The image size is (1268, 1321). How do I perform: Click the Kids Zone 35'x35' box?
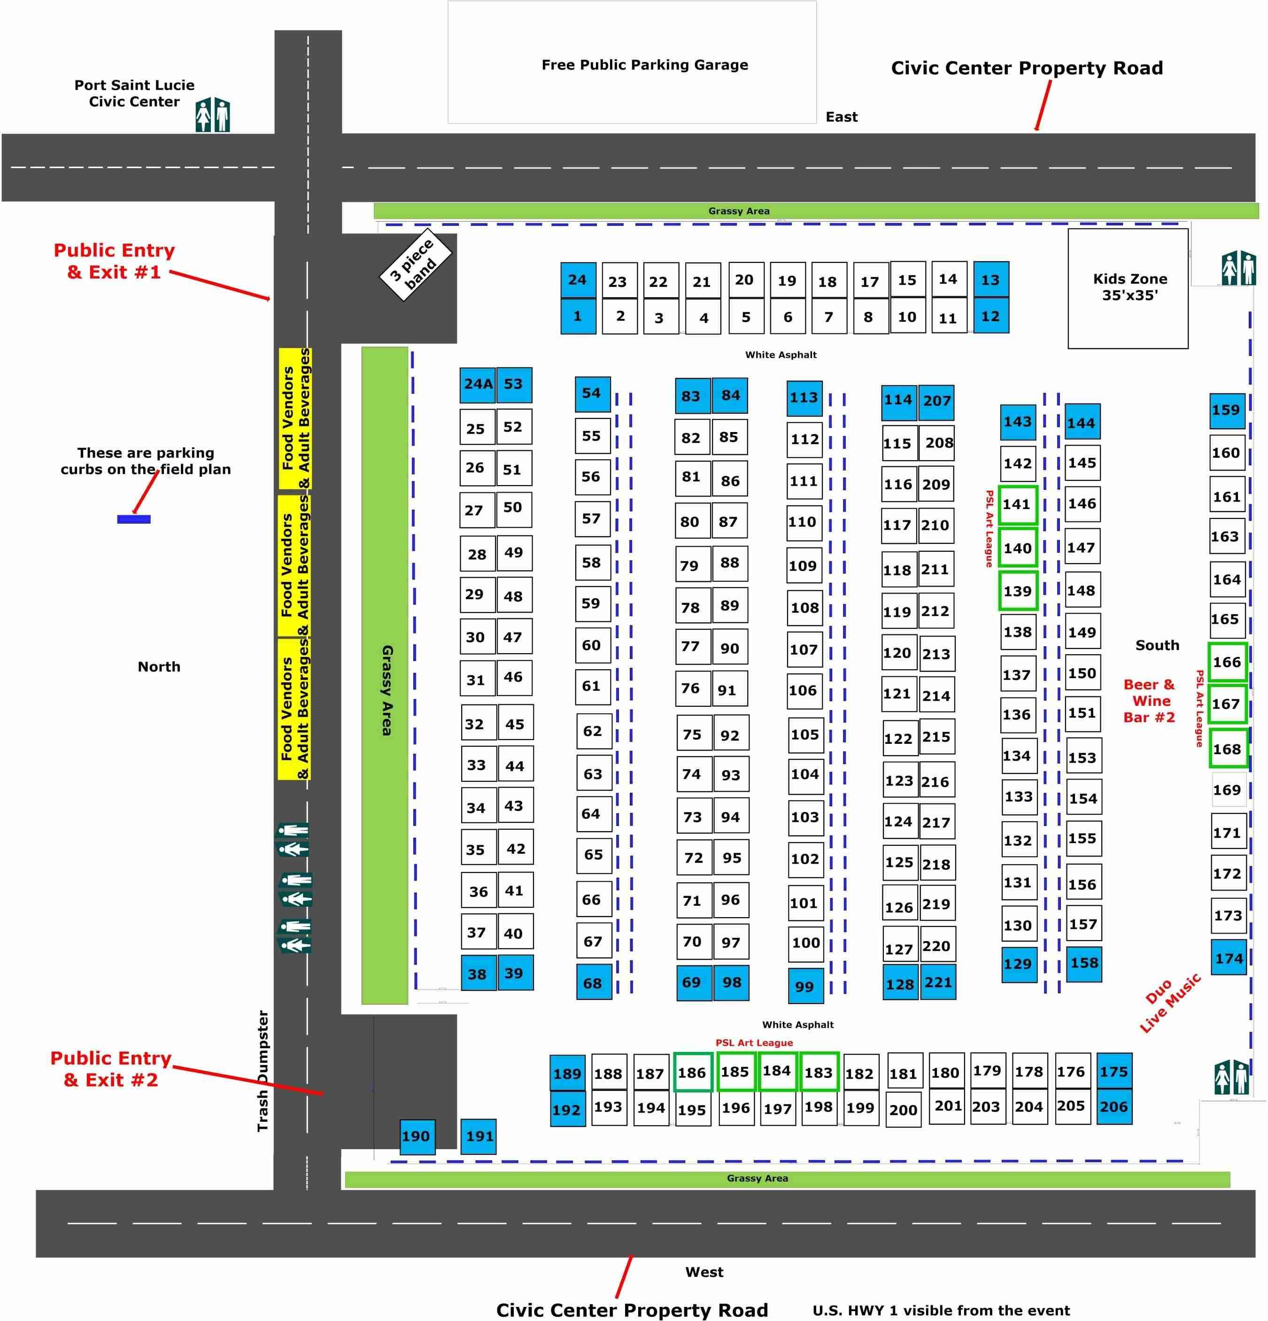[1128, 288]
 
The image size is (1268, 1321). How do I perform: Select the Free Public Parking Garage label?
[644, 65]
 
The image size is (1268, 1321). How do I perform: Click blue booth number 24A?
[478, 384]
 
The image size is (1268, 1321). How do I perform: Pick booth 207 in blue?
[936, 401]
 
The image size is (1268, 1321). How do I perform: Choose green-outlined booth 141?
[1017, 504]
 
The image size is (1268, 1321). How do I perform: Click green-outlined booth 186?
[692, 1072]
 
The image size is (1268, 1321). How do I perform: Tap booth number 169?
[1226, 790]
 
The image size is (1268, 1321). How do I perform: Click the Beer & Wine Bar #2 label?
[1149, 701]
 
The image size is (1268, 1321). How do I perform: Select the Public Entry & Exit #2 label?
[110, 1069]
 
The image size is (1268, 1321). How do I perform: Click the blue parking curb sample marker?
[133, 519]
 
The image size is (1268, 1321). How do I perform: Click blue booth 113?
[804, 398]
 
